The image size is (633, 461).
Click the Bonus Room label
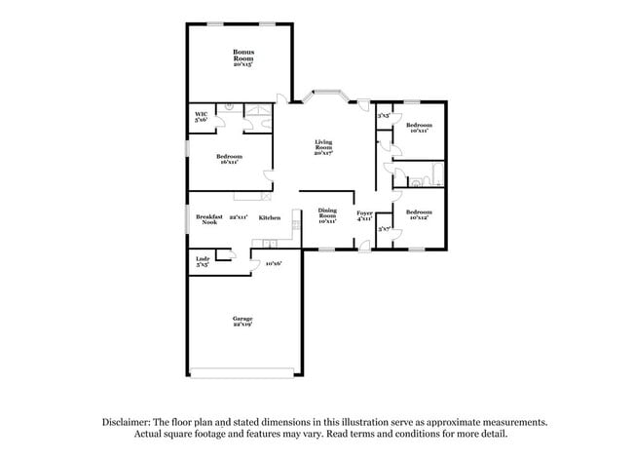click(x=242, y=57)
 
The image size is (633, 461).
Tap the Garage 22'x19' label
click(x=242, y=322)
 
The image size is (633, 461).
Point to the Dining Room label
click(x=327, y=216)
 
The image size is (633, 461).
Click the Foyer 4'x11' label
click(x=363, y=216)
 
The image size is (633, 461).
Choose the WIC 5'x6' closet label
click(x=201, y=117)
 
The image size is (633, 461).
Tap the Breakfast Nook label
click(x=209, y=219)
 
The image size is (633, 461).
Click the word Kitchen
click(x=270, y=217)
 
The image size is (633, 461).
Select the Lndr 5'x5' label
click(x=203, y=260)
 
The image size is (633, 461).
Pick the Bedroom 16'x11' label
click(x=229, y=159)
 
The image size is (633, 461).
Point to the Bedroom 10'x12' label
click(x=420, y=214)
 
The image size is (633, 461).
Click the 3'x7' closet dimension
click(x=385, y=229)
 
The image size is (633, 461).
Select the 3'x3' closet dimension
click(x=385, y=115)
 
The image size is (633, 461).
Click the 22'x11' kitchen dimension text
click(x=238, y=217)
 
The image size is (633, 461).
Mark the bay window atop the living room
click(x=324, y=95)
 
